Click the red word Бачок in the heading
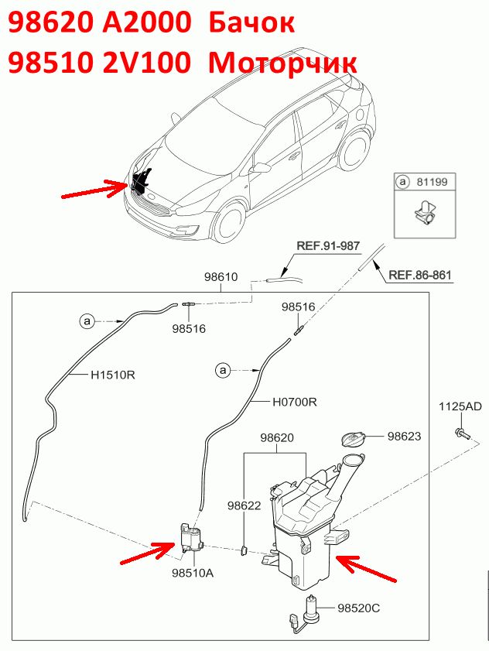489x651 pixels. [251, 22]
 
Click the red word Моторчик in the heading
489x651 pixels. [282, 63]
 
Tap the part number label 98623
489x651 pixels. [404, 436]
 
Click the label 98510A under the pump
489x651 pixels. [193, 573]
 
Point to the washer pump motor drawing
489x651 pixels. [191, 538]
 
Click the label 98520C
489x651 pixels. [359, 608]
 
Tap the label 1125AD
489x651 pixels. [460, 406]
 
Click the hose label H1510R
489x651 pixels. [113, 375]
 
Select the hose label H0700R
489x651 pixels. [295, 402]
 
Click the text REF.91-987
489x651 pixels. [328, 246]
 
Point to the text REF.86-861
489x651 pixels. [419, 275]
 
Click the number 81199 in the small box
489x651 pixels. [432, 182]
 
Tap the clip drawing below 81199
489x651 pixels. [424, 213]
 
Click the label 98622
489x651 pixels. [244, 505]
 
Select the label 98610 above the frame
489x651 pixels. [221, 277]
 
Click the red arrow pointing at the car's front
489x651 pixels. [94, 189]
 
